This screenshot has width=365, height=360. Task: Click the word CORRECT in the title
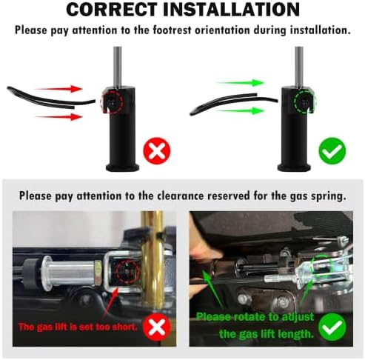point(112,10)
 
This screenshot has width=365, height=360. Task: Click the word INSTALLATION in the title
point(232,10)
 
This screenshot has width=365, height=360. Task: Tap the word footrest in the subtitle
point(172,30)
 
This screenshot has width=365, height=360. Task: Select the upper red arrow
point(58,89)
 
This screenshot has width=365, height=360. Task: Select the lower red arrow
point(58,117)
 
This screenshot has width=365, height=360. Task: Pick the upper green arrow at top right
point(241,83)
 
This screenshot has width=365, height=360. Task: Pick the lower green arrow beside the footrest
point(241,111)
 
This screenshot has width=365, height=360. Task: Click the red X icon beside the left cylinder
point(157,151)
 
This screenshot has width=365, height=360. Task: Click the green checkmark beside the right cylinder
point(332,151)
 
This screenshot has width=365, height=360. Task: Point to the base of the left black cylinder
point(122,167)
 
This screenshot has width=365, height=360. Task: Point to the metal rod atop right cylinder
point(299,67)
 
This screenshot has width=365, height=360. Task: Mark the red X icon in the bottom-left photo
point(157,327)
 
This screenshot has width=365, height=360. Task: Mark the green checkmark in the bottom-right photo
point(332,327)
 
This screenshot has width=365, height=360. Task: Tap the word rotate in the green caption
point(250,317)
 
